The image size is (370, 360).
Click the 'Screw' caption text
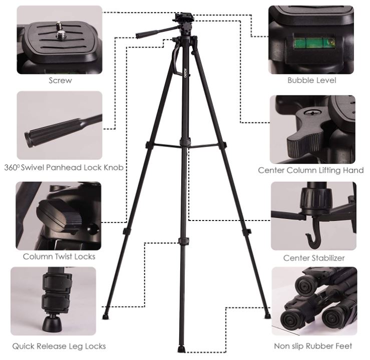coord(60,80)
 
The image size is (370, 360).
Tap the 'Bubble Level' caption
coord(311,80)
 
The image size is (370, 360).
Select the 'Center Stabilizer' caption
coord(313,258)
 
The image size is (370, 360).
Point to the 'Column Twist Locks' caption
coord(59,256)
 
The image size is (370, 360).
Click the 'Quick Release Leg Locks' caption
coord(59,345)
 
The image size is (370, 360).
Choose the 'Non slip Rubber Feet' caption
coord(313,345)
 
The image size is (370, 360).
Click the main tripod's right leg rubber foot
coord(267,316)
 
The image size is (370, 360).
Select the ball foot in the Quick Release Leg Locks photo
coord(52,322)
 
